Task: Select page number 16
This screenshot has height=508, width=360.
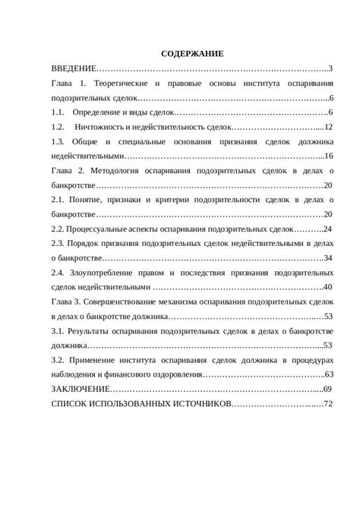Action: tap(330, 156)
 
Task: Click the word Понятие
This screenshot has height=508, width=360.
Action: tap(93, 200)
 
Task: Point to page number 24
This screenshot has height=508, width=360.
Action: tap(329, 229)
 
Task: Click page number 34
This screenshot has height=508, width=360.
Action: tap(329, 257)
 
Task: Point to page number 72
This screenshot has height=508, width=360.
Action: tap(329, 402)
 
